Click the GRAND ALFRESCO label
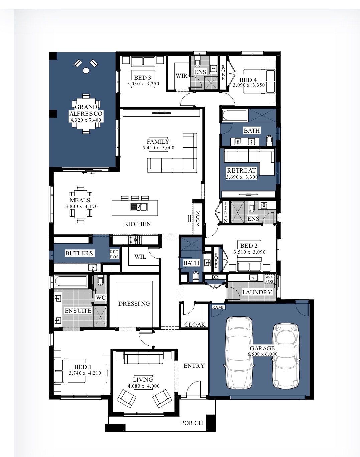coord(86,110)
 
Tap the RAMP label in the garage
coord(218,307)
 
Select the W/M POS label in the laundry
coord(269,279)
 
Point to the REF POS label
coord(114,254)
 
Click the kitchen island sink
coord(139,207)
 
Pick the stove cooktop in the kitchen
coord(135,240)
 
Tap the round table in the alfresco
coord(86,71)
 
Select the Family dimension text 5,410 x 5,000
coord(158,148)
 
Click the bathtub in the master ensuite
coord(71,281)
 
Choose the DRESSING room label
coord(134,304)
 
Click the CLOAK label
coord(195,325)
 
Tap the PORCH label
coord(192,423)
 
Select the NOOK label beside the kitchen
coord(198,219)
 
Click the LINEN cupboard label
coord(226,212)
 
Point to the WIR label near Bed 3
coord(181,76)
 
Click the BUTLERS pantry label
coord(79,253)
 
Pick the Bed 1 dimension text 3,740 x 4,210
coord(85,373)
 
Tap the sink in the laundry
coord(253,277)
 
